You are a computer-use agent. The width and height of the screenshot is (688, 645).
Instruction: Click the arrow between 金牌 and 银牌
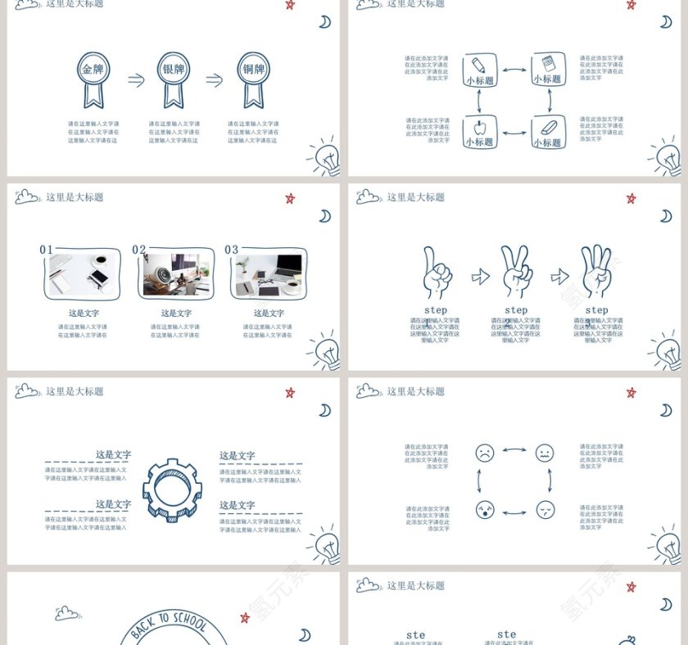(x=136, y=79)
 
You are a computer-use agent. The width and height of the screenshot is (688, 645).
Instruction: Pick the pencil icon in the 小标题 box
(x=479, y=64)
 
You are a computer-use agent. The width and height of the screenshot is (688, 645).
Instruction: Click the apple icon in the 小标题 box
(x=479, y=127)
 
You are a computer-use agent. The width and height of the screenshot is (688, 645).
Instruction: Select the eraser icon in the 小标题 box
(x=548, y=127)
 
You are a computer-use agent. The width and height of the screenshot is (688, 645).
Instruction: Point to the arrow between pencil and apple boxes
(x=480, y=101)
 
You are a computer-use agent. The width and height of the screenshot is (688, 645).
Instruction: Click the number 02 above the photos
(x=139, y=250)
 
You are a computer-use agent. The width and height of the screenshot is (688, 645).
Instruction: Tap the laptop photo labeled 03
(x=267, y=274)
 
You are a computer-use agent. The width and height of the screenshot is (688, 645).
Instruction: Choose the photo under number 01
(x=82, y=274)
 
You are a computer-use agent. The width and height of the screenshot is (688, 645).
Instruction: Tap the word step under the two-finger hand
(x=516, y=310)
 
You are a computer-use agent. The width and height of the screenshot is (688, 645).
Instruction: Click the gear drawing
(x=172, y=489)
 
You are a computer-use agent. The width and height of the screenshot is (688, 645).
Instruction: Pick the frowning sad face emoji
(x=485, y=453)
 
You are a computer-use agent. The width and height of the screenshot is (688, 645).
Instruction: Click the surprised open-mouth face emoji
(x=485, y=510)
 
